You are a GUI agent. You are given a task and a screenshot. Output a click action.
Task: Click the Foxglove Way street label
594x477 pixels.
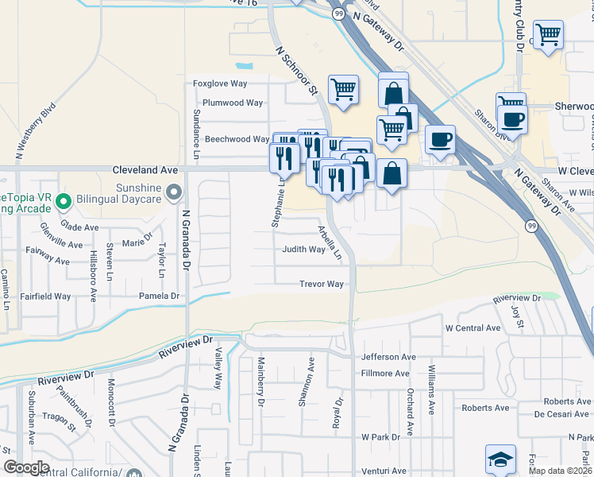coord(221,83)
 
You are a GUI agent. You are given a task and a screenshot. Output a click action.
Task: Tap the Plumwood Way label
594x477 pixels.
coord(232,103)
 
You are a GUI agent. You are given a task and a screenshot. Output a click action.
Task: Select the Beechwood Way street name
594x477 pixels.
coord(237,139)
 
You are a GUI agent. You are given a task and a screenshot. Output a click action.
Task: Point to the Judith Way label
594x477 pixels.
coord(304,250)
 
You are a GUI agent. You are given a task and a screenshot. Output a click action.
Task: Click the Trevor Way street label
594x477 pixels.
coord(321,284)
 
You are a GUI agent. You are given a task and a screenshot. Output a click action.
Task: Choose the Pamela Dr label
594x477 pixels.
coord(160,296)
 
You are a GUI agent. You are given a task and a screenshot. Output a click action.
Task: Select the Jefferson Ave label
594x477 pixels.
coord(388,358)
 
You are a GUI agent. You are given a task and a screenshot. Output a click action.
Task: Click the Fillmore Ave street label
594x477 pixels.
coord(385,373)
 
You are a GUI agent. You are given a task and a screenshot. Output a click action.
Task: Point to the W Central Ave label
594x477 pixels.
coord(472,328)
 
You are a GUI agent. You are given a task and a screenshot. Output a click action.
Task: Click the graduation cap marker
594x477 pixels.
coord(501,459)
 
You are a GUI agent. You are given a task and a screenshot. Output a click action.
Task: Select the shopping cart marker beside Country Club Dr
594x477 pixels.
coord(548,34)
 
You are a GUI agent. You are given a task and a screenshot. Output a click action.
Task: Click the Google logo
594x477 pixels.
coord(27,467)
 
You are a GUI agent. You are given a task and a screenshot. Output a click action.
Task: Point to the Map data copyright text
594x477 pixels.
coord(560,471)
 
